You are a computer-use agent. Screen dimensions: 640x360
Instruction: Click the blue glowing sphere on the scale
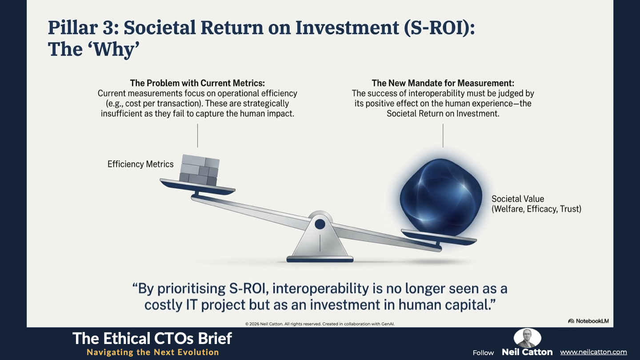[x=441, y=197]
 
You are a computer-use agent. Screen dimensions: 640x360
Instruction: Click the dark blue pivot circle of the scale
[x=320, y=224]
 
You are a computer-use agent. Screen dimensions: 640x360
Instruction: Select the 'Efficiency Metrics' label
[x=140, y=164]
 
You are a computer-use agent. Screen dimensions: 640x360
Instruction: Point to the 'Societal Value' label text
[x=518, y=199]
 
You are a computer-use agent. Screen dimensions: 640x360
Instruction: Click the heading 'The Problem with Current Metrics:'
[x=197, y=83]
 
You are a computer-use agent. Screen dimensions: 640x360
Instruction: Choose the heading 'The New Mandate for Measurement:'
[x=443, y=83]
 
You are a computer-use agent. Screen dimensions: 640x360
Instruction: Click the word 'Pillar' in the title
[x=73, y=28]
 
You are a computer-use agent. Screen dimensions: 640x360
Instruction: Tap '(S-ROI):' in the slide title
[x=439, y=28]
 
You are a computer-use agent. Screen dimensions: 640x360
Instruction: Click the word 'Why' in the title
[x=114, y=50]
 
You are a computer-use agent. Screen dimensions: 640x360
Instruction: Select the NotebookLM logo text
[x=592, y=321]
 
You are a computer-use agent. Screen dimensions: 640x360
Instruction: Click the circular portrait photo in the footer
[x=527, y=338]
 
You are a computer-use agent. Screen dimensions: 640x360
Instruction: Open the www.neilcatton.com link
[x=593, y=352]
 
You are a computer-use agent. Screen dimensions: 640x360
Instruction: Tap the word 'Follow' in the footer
[x=483, y=352]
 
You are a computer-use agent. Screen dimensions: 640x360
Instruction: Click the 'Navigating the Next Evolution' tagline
[x=152, y=352]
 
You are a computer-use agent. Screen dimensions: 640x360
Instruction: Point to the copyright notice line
[x=320, y=324]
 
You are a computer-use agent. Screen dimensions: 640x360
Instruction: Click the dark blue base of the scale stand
[x=320, y=260]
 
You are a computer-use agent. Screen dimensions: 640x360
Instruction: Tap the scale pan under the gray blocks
[x=197, y=188]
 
